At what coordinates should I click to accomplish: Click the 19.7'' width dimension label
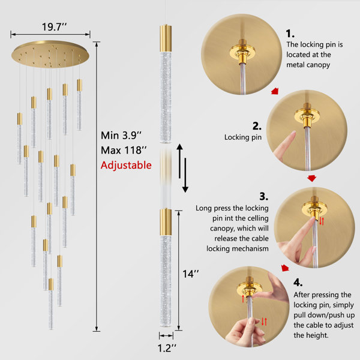[x=54, y=27]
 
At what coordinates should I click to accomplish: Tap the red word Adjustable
[x=126, y=166]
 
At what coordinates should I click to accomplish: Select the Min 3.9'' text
[x=121, y=136]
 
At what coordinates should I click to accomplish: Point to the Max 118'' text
[x=124, y=151]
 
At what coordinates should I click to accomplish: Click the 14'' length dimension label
[x=191, y=274]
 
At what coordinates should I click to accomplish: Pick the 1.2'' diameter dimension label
[x=167, y=348]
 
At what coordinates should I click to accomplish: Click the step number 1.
[x=290, y=34]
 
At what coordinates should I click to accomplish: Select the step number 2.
[x=257, y=126]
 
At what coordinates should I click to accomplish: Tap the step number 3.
[x=264, y=197]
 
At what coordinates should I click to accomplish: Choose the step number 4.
[x=298, y=283]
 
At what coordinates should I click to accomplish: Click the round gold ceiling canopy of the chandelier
[x=50, y=54]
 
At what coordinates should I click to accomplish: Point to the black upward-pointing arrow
[x=179, y=161]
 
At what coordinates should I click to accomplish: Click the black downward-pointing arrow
[x=185, y=175]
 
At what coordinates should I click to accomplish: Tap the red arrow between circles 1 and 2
[x=275, y=91]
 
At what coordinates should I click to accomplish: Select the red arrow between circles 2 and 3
[x=311, y=178]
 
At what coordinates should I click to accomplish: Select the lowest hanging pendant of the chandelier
[x=51, y=304]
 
